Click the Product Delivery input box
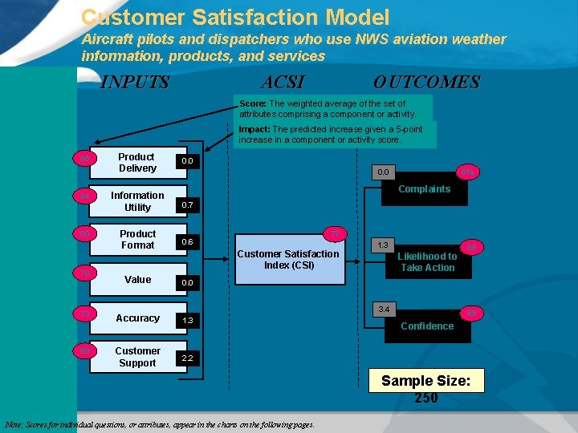137,162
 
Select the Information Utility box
137,201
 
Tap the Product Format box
137,240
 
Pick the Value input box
137,279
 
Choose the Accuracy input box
137,318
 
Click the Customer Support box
137,357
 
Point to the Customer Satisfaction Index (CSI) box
288,260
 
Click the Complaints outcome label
425,189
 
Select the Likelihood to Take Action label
428,261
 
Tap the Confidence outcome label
427,326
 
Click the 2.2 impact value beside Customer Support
187,358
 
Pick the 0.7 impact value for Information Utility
187,206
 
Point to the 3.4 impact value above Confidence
384,309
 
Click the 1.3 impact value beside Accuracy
187,321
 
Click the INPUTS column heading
134,83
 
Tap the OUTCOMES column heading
426,83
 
